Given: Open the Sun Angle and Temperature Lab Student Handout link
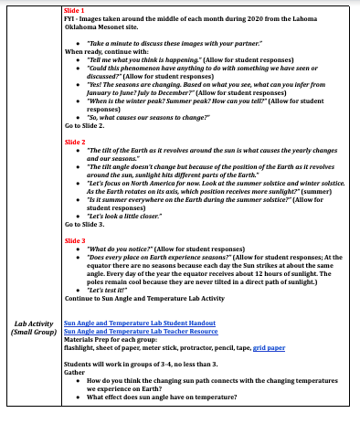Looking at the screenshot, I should click(x=139, y=323).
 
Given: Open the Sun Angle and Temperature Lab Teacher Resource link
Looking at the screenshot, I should click(x=140, y=331).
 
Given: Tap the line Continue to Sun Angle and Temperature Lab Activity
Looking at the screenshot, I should click(x=143, y=297).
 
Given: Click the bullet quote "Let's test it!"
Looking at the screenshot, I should click(x=106, y=289).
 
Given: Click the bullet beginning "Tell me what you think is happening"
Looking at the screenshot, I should click(x=182, y=60).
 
